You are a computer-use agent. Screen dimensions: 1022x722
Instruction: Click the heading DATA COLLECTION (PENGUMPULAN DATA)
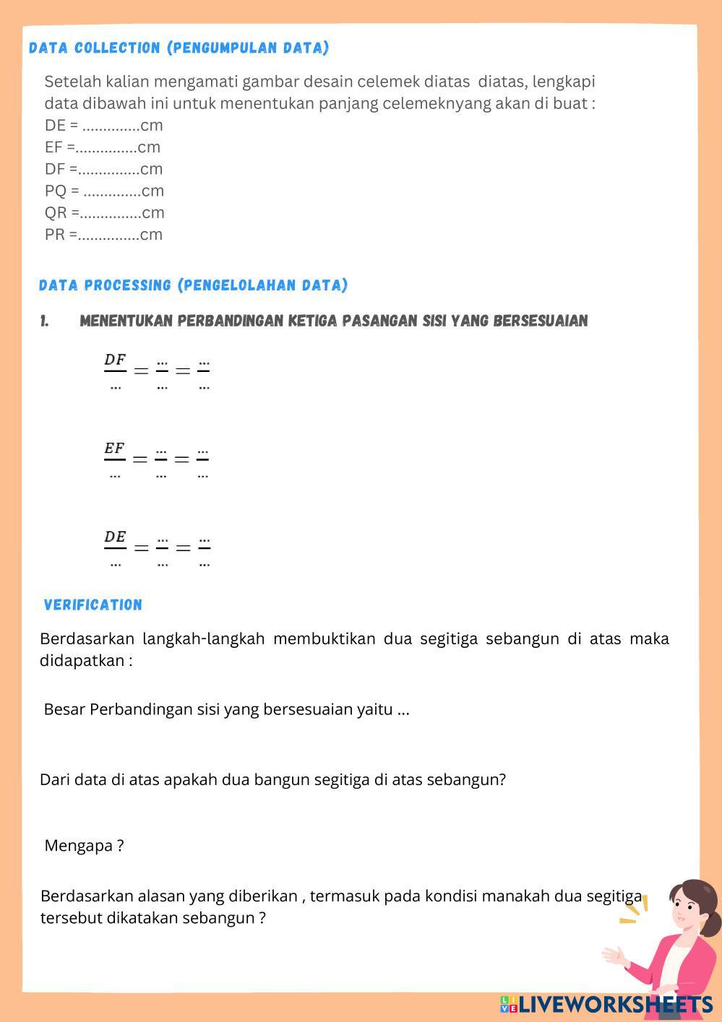click(x=179, y=48)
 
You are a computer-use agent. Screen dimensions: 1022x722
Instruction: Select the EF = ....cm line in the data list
click(x=106, y=148)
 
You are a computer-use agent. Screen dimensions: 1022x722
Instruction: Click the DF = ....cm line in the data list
click(x=108, y=170)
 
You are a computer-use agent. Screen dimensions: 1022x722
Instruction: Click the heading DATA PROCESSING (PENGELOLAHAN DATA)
click(x=193, y=285)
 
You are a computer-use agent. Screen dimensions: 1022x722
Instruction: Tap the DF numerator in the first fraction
click(x=115, y=360)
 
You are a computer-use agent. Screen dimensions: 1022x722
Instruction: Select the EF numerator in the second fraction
click(x=115, y=449)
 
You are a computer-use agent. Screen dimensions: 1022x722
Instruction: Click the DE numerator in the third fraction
click(x=115, y=537)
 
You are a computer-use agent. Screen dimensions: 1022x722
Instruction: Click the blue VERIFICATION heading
click(x=93, y=605)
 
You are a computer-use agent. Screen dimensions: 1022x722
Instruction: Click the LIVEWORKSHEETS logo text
click(x=615, y=1005)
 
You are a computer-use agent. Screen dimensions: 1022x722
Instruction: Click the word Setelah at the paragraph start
click(x=69, y=82)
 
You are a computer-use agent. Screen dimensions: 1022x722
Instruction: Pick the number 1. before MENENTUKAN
click(x=45, y=321)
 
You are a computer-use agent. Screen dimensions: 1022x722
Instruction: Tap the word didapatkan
click(x=82, y=661)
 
